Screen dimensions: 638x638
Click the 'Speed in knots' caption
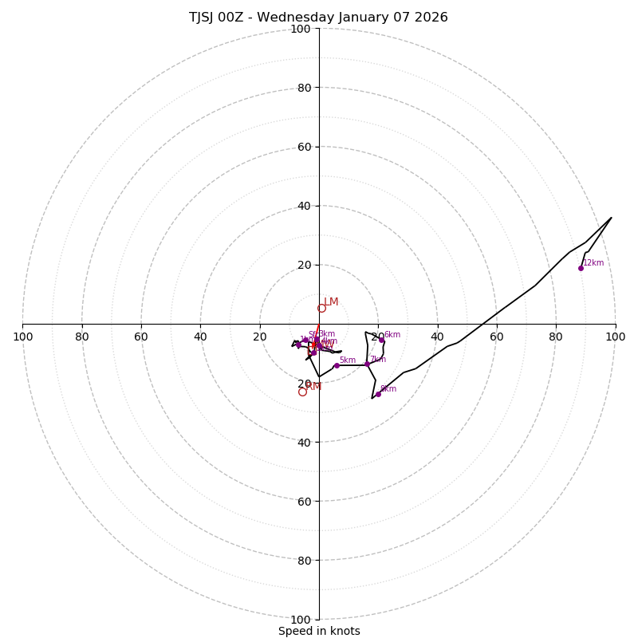pos(319,631)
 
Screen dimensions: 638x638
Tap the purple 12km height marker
pos(581,268)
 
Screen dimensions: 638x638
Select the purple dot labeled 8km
pos(378,394)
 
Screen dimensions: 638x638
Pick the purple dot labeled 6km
pos(381,341)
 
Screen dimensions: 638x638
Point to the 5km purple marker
pos(337,365)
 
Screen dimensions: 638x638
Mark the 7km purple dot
pos(367,364)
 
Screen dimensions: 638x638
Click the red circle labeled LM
pos(321,308)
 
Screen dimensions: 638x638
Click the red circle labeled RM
pos(302,392)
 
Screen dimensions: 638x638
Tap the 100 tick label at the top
pos(301,29)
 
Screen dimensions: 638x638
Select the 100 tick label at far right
pos(615,337)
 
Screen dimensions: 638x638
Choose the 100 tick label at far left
pos(23,337)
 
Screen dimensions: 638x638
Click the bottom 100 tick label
pos(301,620)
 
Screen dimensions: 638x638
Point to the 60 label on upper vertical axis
pos(303,147)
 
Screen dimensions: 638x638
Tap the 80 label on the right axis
pos(556,337)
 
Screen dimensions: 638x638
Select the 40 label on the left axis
pos(200,337)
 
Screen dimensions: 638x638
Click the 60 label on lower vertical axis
pos(303,502)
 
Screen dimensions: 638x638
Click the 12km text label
pos(593,262)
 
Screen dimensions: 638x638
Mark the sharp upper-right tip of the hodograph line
pos(612,218)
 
